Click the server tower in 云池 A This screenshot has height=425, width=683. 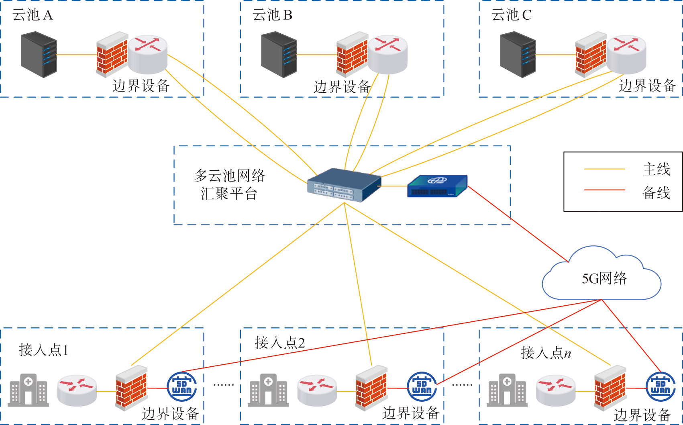(39, 55)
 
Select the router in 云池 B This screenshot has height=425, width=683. (388, 54)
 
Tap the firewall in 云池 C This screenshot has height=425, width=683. (591, 55)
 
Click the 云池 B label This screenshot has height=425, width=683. (272, 15)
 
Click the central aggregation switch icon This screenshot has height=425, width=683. (344, 185)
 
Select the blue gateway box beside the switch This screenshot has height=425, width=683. (437, 186)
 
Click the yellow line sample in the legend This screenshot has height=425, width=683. (604, 169)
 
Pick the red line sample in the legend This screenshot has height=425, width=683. (604, 190)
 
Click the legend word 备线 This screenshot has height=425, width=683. (656, 193)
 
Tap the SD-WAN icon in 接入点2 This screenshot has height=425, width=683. (422, 386)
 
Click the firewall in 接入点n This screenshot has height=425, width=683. (610, 388)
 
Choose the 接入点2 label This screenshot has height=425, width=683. (280, 343)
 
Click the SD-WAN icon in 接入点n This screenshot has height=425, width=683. (661, 386)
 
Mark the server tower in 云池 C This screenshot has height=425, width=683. (518, 55)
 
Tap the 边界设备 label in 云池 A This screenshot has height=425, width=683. (141, 86)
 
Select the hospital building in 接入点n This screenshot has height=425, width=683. (507, 390)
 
